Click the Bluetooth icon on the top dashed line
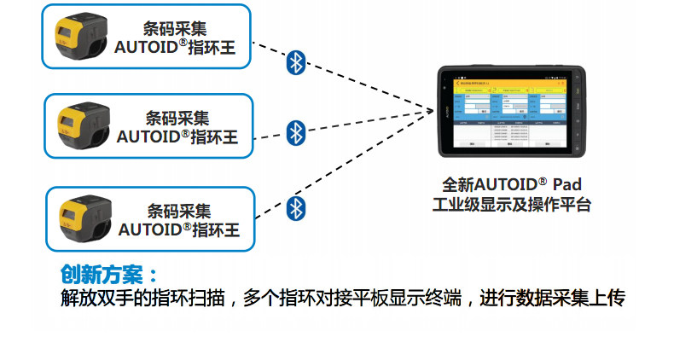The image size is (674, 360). point(295,61)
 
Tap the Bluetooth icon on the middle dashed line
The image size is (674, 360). point(295,132)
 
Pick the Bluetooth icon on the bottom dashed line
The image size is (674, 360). point(295,207)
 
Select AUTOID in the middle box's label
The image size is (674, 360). point(147,136)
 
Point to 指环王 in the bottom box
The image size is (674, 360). point(216,230)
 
